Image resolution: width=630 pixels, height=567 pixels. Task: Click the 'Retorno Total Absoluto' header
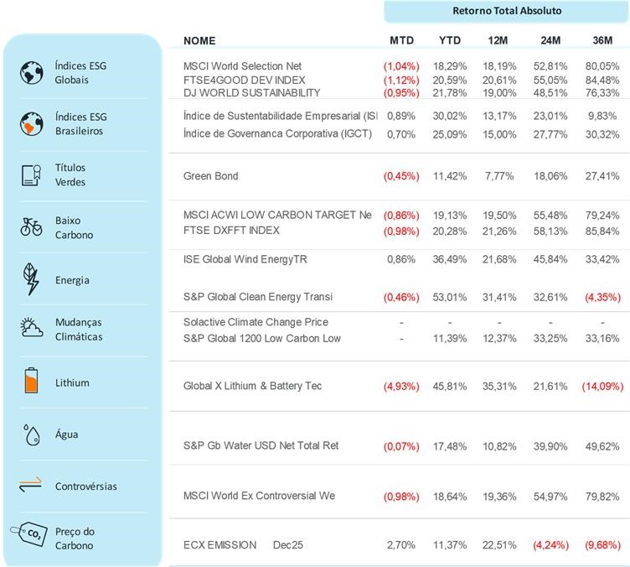[x=507, y=11]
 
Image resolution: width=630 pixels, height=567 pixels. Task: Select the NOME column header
[x=199, y=40]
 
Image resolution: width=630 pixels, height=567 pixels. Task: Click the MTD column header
[x=401, y=40]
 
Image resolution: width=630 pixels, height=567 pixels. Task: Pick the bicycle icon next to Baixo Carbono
[x=31, y=226]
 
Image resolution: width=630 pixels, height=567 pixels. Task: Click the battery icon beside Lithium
[x=31, y=382]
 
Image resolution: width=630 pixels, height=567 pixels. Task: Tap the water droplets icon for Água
[x=31, y=434]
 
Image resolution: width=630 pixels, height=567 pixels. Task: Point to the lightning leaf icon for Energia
[x=31, y=279]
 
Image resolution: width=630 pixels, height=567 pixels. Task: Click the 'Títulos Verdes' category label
[x=70, y=174]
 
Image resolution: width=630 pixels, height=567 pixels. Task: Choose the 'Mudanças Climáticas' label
[x=79, y=329]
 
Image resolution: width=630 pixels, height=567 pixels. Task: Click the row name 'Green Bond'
[x=210, y=176]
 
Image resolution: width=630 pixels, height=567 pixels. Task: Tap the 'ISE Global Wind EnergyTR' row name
[x=245, y=259]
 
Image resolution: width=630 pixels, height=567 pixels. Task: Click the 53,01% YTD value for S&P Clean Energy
[x=450, y=297]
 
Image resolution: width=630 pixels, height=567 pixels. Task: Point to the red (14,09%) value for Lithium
[x=600, y=387]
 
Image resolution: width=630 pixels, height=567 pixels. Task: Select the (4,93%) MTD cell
[x=401, y=387]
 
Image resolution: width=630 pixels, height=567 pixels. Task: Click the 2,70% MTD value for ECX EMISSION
[x=401, y=545]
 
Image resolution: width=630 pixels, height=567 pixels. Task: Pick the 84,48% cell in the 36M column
[x=602, y=80]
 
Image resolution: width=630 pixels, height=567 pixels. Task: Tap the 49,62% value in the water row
[x=602, y=446]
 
